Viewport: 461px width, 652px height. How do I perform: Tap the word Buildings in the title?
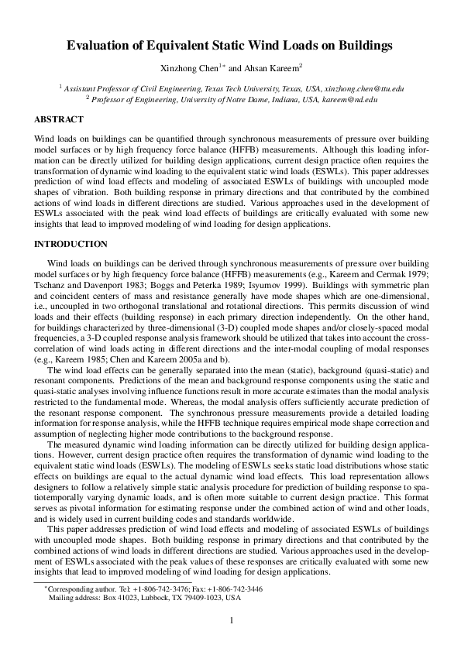pos(363,46)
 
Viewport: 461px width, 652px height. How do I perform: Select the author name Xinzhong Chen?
pos(192,68)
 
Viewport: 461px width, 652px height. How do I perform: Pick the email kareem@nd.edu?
pos(349,100)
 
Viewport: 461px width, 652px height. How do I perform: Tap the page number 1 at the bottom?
pos(231,620)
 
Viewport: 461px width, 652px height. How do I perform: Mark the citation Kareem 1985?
pos(81,361)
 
